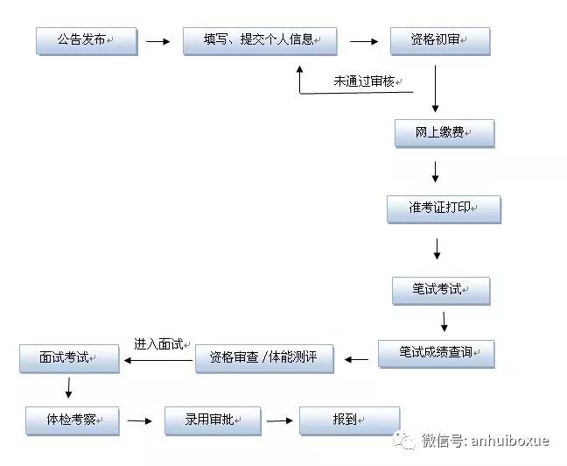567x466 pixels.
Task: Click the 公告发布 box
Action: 86,40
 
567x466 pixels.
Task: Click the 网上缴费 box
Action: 444,133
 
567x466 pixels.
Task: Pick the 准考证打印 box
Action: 444,208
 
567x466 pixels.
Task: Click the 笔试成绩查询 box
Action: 436,353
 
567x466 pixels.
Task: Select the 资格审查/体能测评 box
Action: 263,358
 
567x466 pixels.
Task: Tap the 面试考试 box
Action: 68,358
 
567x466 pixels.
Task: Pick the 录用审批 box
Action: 213,420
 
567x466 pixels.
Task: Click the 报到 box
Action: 348,420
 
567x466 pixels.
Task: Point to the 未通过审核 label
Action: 365,81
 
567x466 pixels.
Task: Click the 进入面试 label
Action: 158,344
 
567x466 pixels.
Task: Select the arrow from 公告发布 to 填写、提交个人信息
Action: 157,40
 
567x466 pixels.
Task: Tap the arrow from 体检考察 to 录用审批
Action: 139,421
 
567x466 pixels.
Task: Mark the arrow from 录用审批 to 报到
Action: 279,421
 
